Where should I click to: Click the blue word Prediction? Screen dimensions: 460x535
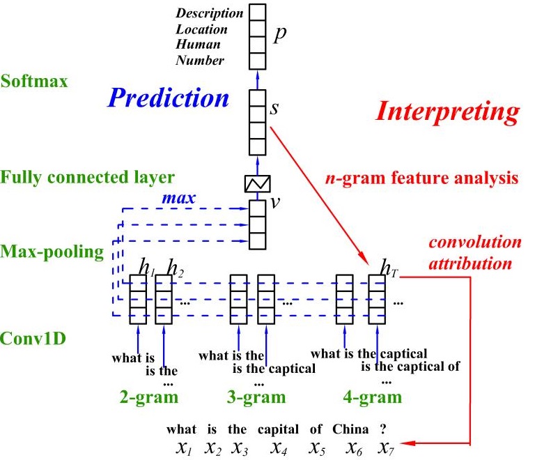click(168, 98)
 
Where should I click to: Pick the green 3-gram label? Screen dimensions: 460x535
click(258, 397)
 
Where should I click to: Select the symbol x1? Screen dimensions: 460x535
click(184, 447)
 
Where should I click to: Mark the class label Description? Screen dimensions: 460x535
click(210, 13)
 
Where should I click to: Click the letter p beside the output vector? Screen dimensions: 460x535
click(280, 35)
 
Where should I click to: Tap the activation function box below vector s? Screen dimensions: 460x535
click(258, 184)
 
